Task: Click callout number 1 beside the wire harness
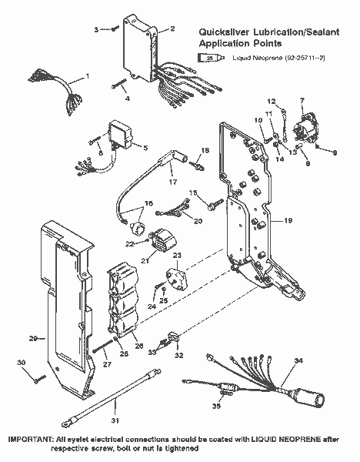(87, 75)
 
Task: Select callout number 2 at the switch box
(172, 28)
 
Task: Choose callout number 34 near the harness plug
(299, 360)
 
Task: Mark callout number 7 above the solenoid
(302, 100)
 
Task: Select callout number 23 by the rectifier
(176, 256)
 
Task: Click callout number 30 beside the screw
(22, 363)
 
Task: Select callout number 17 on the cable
(172, 182)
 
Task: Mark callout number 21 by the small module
(144, 260)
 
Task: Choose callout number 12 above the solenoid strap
(271, 101)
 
